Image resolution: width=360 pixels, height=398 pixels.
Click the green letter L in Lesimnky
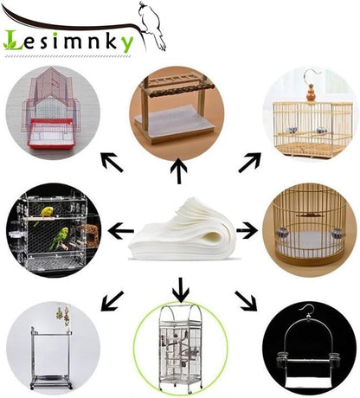tap(13, 40)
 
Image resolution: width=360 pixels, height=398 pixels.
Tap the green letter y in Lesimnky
tap(127, 44)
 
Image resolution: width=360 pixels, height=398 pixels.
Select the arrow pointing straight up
tap(179, 170)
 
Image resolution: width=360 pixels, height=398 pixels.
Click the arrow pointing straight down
tap(181, 290)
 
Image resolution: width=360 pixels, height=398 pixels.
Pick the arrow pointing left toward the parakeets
tap(121, 231)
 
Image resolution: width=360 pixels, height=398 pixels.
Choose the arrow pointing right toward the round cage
tap(247, 230)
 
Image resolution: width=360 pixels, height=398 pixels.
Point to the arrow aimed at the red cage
tap(112, 163)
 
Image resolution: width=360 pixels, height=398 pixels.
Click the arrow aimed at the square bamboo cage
tap(250, 163)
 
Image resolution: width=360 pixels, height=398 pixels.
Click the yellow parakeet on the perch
tap(46, 213)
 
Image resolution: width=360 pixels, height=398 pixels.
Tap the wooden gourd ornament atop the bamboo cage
tap(311, 93)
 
